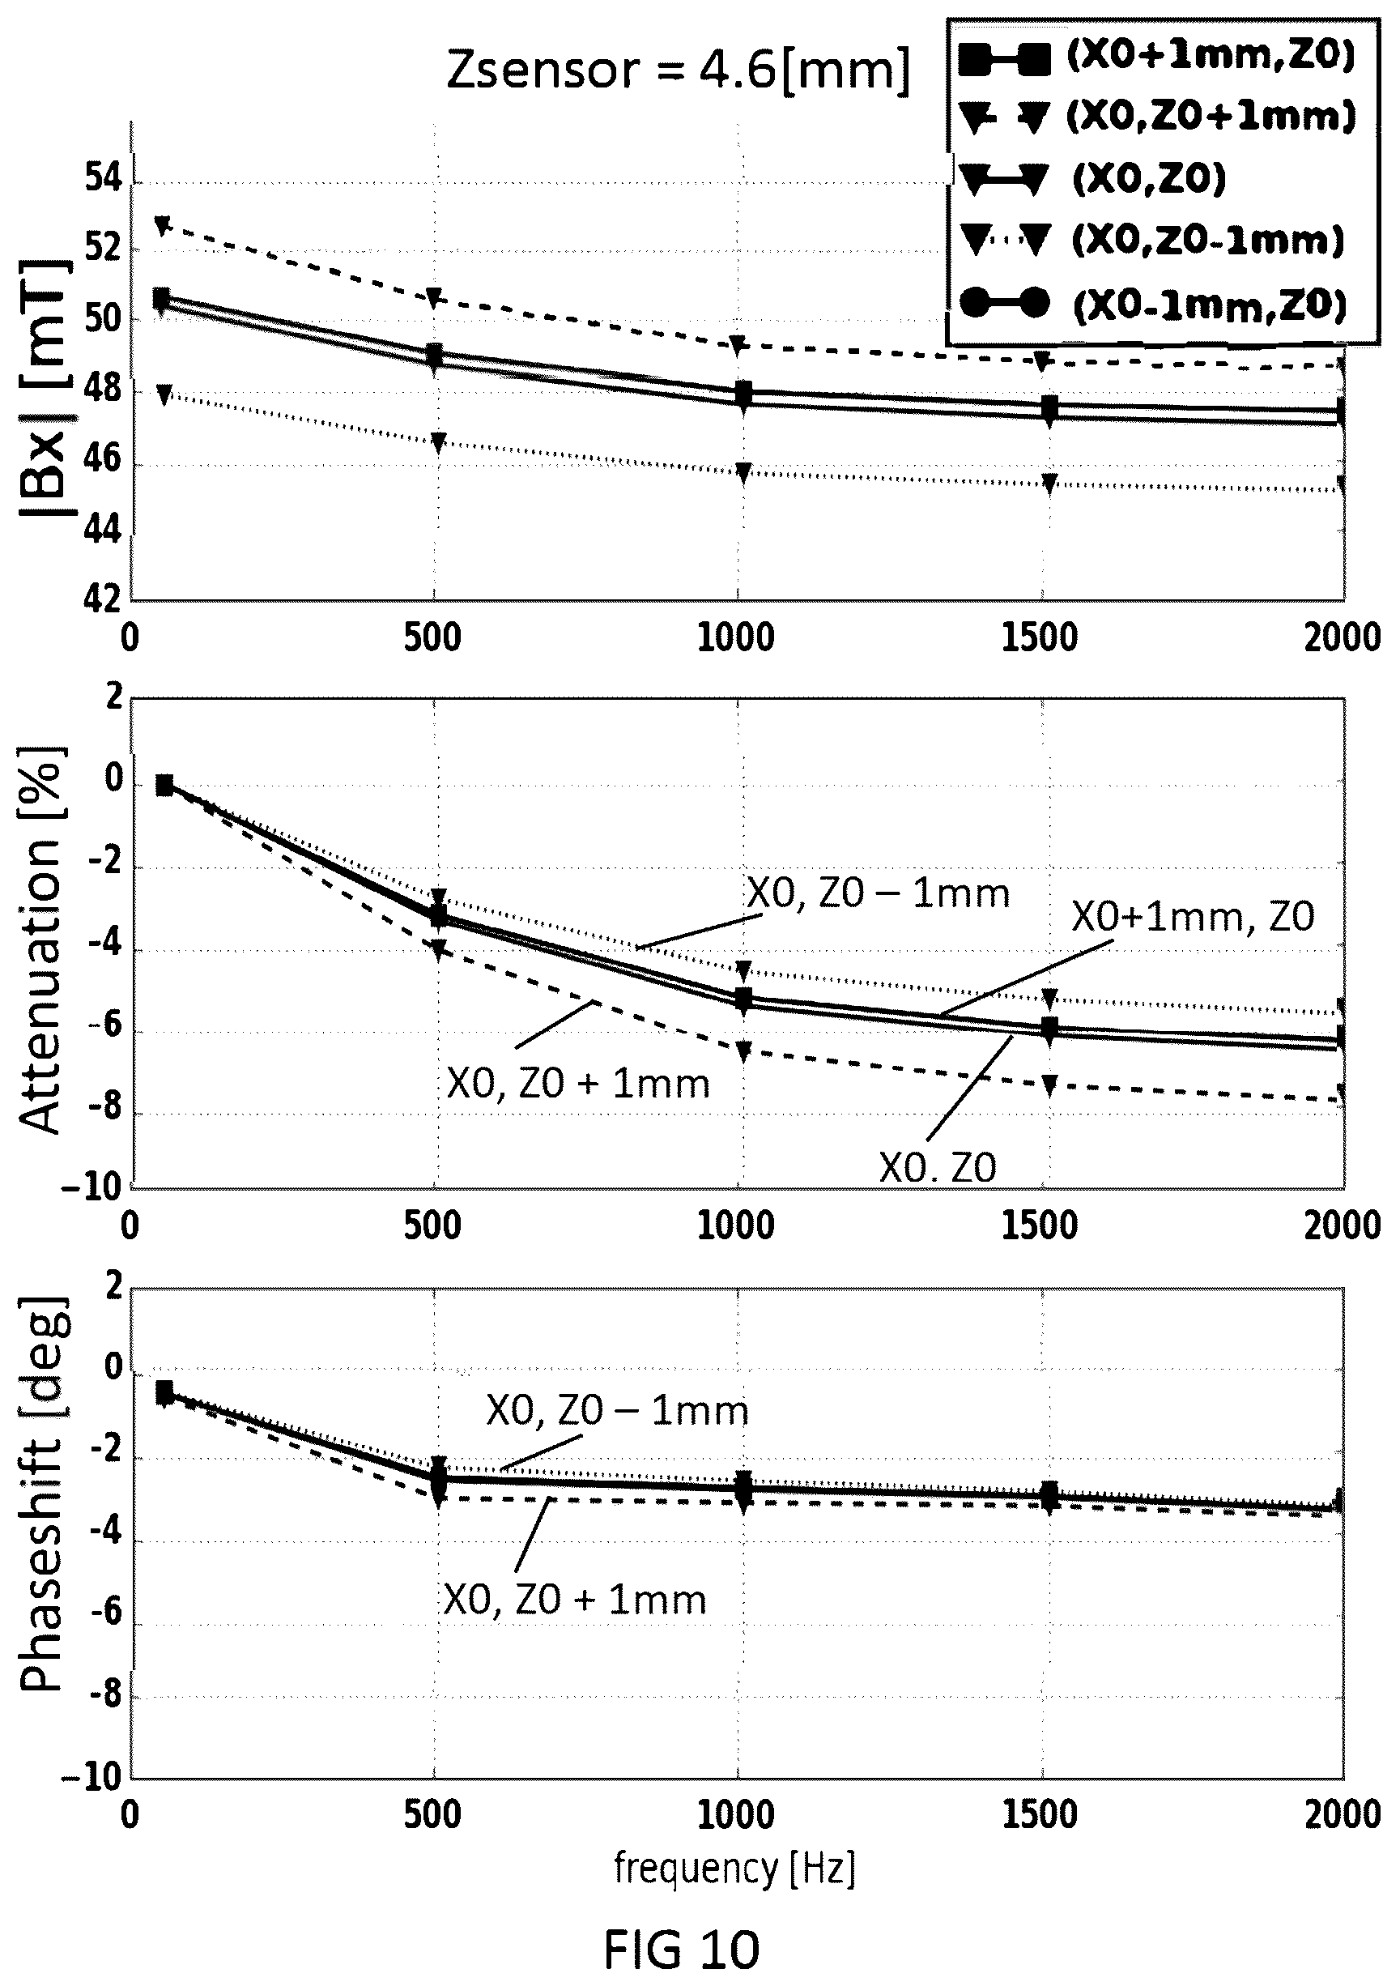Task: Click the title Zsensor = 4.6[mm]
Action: pyautogui.click(x=678, y=71)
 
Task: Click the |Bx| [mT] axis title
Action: pyautogui.click(x=43, y=386)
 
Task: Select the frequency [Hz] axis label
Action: pyautogui.click(x=734, y=1869)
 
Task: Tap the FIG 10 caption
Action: pyautogui.click(x=682, y=1947)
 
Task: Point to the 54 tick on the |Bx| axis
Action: pyautogui.click(x=103, y=181)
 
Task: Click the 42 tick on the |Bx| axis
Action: pyautogui.click(x=103, y=599)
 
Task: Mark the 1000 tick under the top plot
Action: pyautogui.click(x=736, y=639)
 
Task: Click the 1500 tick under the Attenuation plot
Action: pyautogui.click(x=1040, y=1226)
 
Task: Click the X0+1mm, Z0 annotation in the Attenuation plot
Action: pyautogui.click(x=1193, y=917)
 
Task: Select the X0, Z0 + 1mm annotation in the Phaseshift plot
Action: pyautogui.click(x=575, y=1600)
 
